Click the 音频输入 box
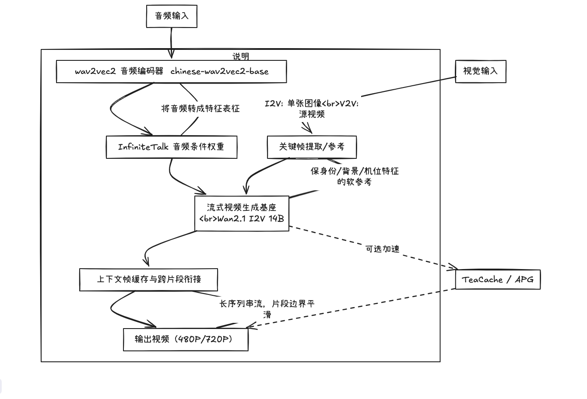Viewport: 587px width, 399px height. point(172,17)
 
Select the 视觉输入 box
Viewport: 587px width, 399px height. point(481,71)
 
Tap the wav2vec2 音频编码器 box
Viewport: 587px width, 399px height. point(171,72)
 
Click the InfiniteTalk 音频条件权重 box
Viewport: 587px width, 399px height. point(171,147)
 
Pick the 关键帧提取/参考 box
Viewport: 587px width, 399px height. point(312,147)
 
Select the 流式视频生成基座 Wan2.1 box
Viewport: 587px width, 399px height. point(242,213)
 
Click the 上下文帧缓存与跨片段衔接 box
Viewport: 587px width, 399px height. point(148,280)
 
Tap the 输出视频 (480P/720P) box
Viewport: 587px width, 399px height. point(186,339)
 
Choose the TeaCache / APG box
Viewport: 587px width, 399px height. point(498,280)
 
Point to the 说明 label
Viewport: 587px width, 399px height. point(241,56)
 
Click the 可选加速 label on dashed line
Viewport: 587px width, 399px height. point(382,249)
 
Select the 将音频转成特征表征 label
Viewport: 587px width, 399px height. point(200,108)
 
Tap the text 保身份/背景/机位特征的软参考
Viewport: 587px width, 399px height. point(355,176)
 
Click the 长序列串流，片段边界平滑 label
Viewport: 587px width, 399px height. point(267,308)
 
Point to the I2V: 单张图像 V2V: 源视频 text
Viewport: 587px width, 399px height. point(312,109)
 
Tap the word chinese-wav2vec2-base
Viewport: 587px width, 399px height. point(219,71)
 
